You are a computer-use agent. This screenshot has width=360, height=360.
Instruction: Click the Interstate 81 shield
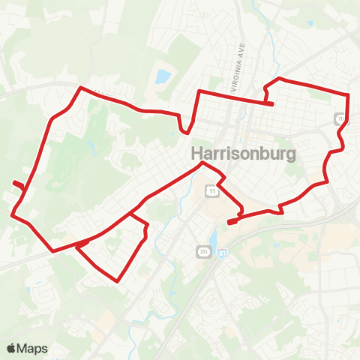pos(222,254)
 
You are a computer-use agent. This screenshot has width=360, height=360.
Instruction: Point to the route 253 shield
pos(203,250)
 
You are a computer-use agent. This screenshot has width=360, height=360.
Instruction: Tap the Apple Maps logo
pos(27,348)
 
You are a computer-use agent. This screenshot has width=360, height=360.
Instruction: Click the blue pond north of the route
pos(162,76)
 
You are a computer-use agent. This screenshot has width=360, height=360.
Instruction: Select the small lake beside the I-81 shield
pos(214,240)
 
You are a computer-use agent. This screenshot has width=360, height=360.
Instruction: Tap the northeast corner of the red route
pos(349,94)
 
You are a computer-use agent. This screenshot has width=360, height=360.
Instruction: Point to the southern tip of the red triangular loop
pos(118,281)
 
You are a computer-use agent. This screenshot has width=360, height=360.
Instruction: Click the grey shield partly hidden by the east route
pos(340,118)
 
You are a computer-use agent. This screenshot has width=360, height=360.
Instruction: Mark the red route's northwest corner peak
pos(81,88)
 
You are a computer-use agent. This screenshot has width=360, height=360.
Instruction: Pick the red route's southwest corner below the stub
pos(13,214)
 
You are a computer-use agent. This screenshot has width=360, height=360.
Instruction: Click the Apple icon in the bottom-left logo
pos(11,347)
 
